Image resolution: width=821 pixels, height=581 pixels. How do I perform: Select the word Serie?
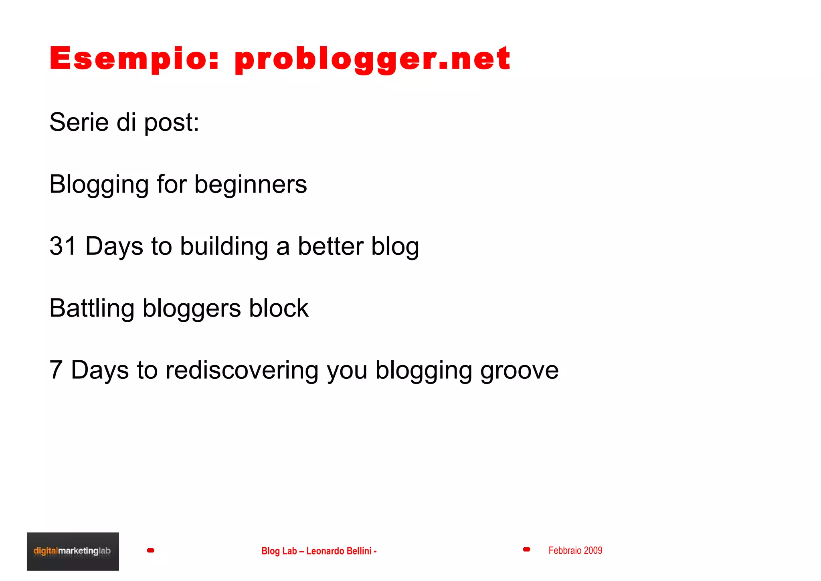(79, 122)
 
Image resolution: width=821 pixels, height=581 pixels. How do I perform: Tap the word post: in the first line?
(171, 123)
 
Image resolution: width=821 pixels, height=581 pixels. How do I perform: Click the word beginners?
(251, 185)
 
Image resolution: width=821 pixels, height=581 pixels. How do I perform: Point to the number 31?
(63, 246)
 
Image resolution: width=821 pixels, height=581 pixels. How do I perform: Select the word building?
(224, 246)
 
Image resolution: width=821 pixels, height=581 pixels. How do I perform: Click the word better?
(330, 246)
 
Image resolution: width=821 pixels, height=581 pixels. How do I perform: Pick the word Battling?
(91, 309)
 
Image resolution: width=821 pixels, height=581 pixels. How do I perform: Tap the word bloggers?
(192, 309)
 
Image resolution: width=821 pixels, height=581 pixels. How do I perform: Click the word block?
(279, 308)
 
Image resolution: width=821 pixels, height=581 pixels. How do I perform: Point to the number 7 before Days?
(56, 370)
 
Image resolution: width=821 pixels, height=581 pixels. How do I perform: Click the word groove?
(519, 370)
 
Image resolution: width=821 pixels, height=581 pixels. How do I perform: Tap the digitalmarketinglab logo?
(73, 551)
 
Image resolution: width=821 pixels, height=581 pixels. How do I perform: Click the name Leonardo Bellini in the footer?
(339, 551)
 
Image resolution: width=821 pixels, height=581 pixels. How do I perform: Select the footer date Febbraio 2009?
(575, 551)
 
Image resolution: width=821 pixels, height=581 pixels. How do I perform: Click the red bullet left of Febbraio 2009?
(526, 549)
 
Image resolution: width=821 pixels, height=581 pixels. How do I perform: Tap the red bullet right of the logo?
(151, 550)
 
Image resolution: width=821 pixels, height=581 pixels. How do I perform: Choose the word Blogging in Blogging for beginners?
(99, 185)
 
